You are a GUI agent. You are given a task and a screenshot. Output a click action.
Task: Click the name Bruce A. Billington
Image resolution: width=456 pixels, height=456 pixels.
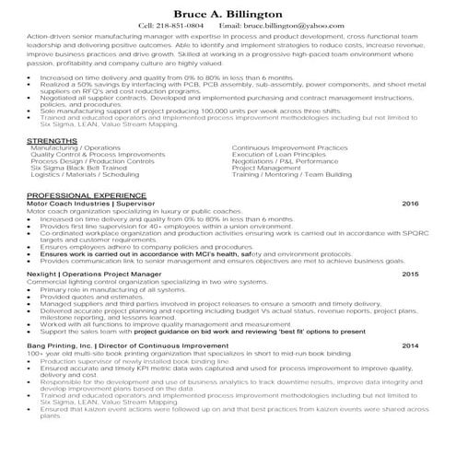228,13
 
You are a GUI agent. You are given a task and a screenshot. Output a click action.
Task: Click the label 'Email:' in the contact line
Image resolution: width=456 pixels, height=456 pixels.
231,26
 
